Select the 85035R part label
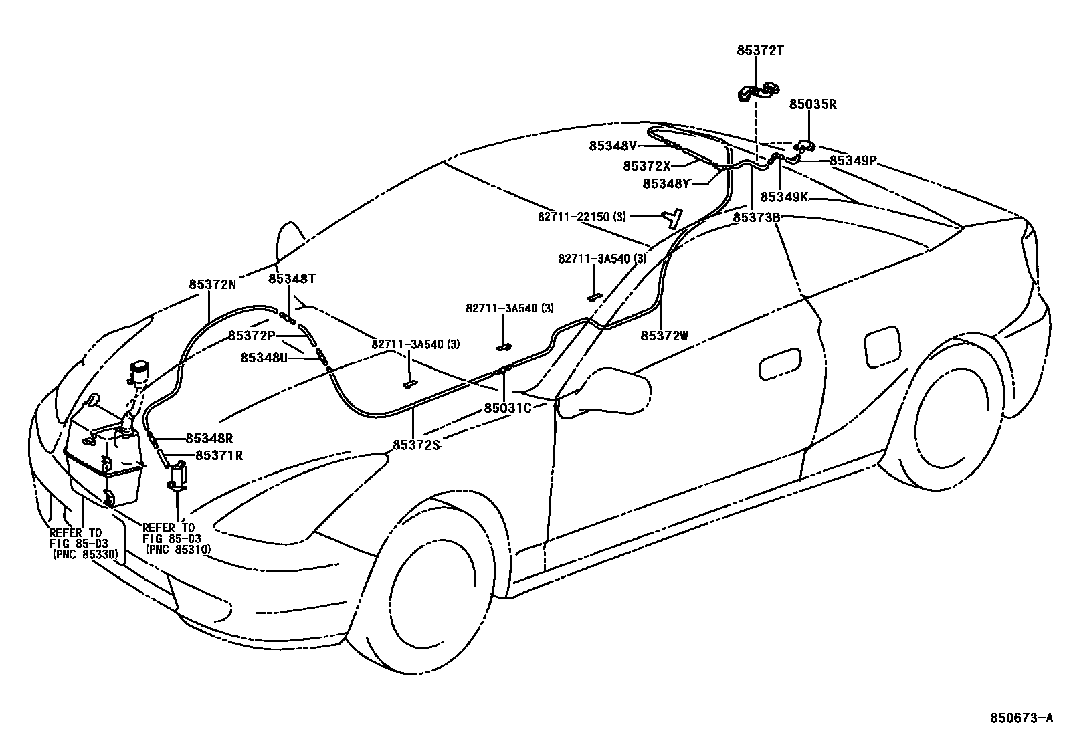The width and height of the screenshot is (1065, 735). pos(813,104)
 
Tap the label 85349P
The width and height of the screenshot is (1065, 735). pos(853,161)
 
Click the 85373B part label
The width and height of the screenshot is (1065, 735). pos(757,217)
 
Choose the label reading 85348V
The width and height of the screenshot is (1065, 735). pos(613,146)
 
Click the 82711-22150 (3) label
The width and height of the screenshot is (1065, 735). pos(582,217)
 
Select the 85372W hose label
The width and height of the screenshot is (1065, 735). pos(664,336)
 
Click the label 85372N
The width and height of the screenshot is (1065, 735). pos(212,284)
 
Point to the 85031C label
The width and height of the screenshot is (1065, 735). pos(508,407)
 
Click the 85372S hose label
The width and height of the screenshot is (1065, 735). pos(416,444)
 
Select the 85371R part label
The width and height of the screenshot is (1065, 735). pos(219,455)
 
